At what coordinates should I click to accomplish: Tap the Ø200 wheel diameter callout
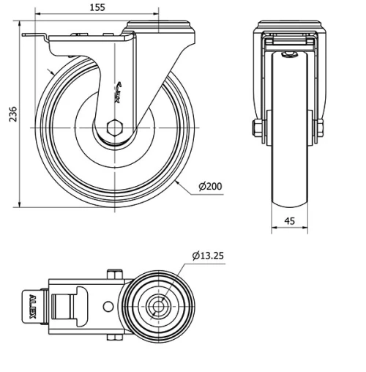click(210, 186)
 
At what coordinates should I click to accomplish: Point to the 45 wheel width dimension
click(289, 220)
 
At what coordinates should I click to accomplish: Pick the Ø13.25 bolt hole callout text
click(208, 256)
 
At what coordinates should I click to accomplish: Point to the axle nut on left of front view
click(257, 130)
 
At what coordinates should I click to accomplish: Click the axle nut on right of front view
click(320, 130)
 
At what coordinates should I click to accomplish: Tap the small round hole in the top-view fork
click(108, 305)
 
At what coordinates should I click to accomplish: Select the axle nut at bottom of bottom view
click(113, 336)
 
